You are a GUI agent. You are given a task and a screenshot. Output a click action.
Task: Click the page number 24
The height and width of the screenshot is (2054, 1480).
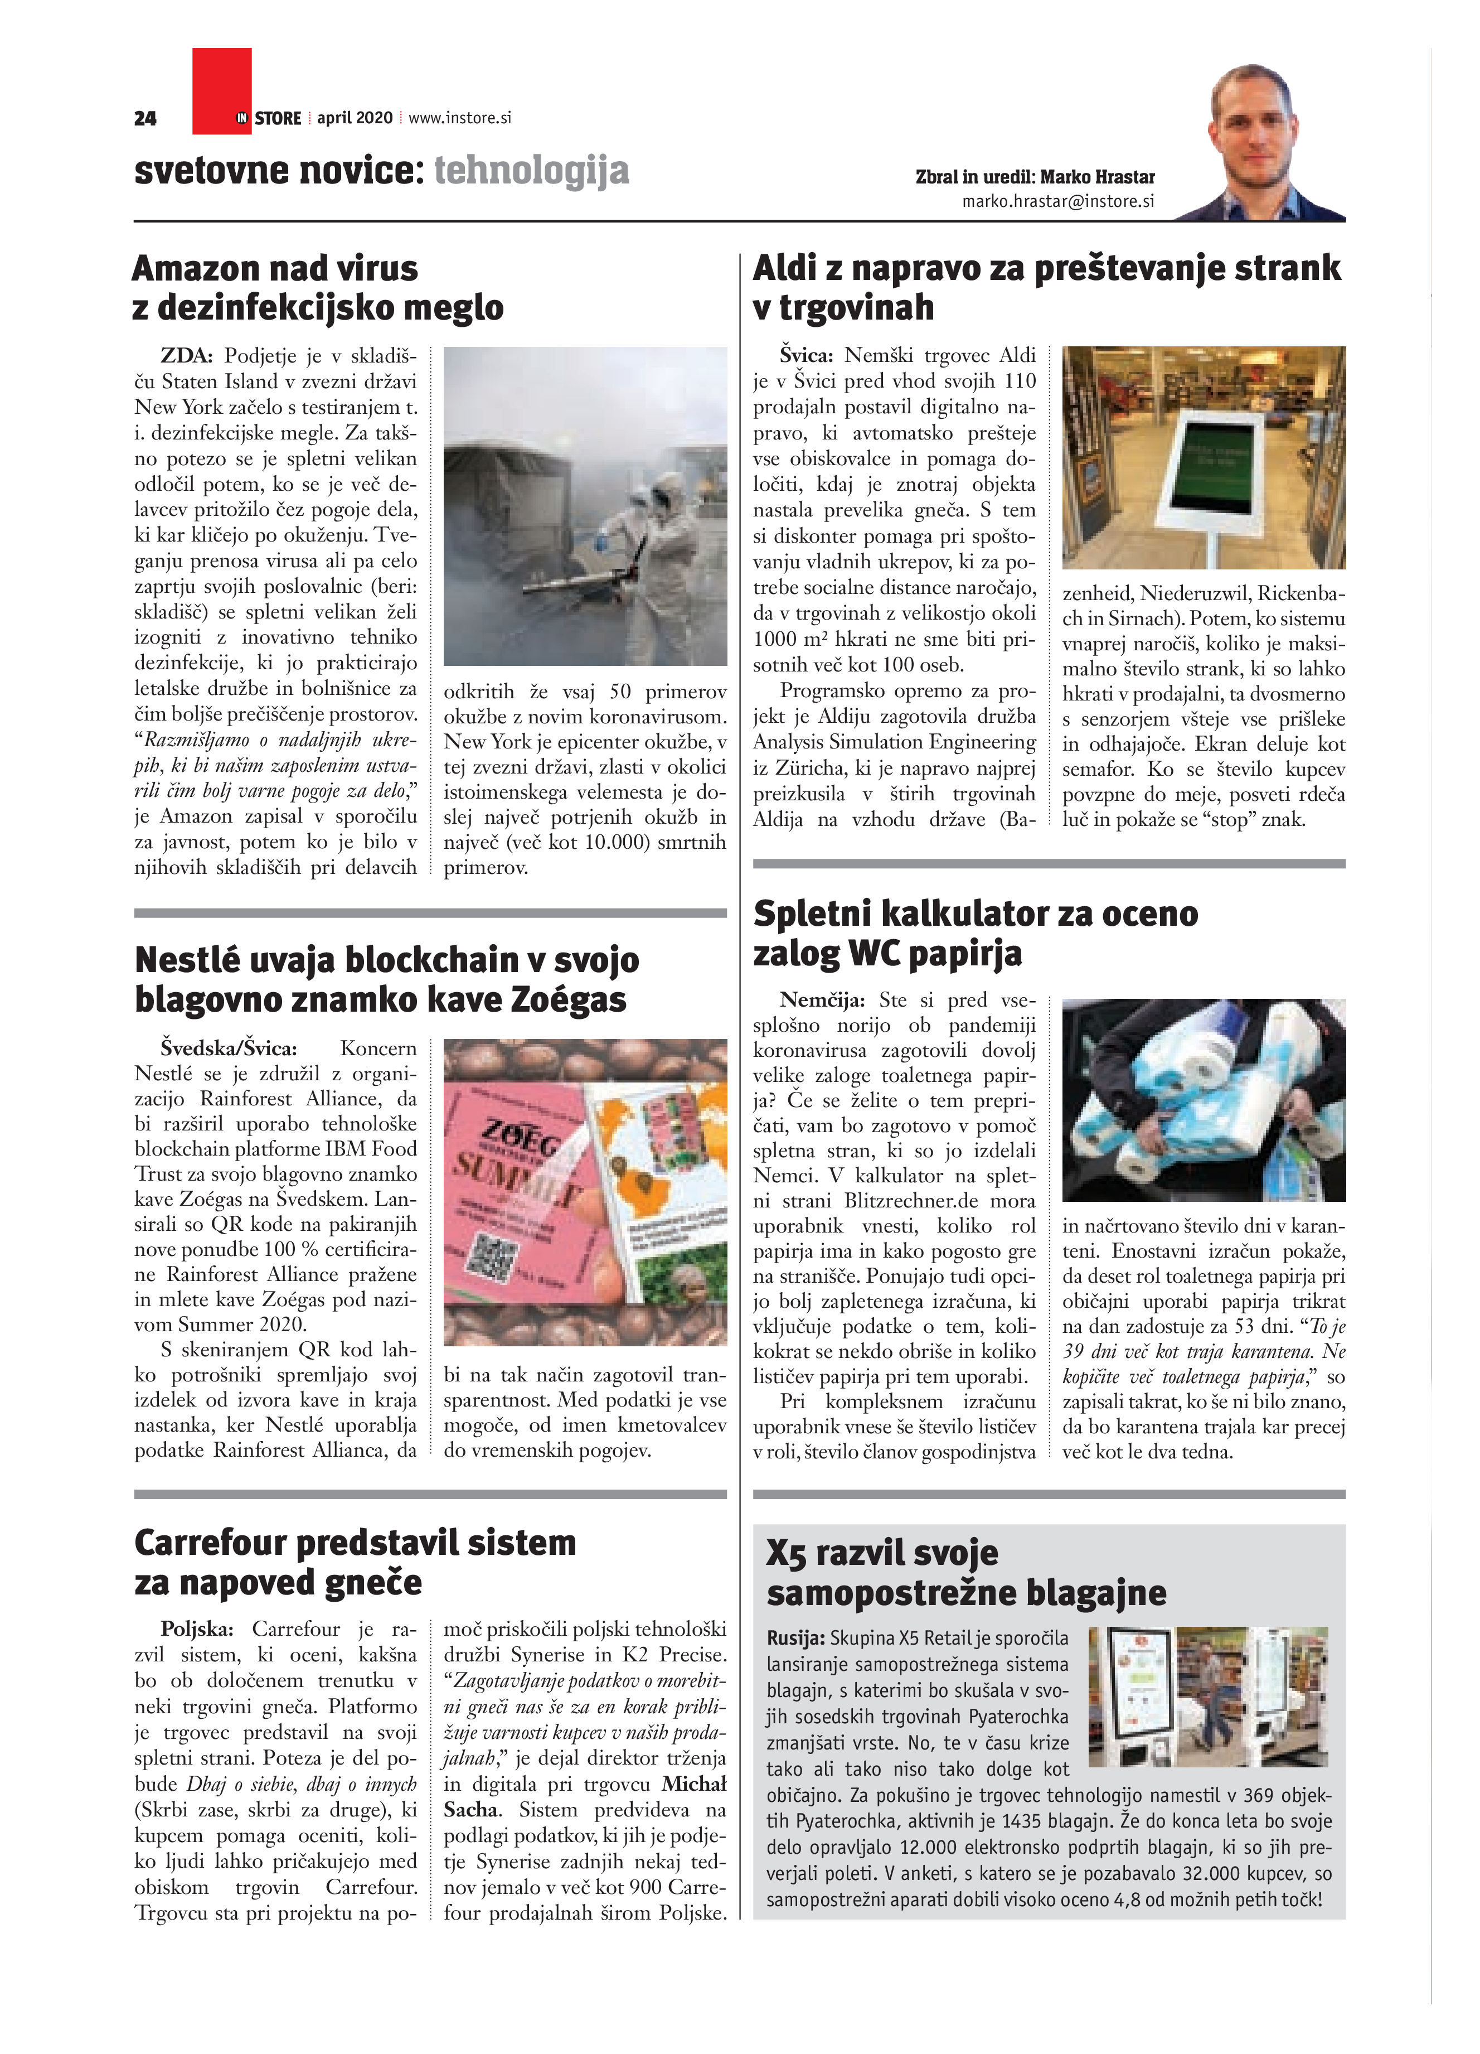click(x=145, y=119)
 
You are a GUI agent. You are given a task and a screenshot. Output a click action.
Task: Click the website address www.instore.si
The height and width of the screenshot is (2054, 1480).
click(x=460, y=118)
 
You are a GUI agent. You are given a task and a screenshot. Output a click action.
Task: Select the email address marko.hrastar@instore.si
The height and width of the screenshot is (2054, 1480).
click(x=1058, y=201)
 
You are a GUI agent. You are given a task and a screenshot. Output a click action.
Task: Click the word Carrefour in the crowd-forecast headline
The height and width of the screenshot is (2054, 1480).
click(x=232, y=1542)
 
